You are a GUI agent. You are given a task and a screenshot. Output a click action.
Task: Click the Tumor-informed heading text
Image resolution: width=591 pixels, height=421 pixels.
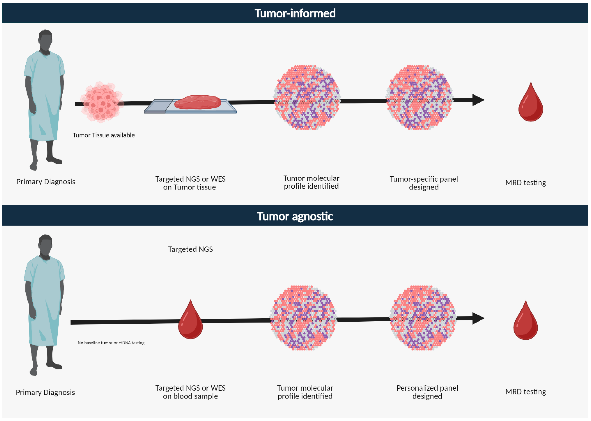295,13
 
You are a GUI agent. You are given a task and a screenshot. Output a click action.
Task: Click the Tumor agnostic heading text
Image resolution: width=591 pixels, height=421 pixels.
295,216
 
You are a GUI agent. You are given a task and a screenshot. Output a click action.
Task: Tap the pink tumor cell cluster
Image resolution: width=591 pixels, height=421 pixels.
101,102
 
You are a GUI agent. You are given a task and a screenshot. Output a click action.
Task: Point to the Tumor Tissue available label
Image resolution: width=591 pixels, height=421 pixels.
104,135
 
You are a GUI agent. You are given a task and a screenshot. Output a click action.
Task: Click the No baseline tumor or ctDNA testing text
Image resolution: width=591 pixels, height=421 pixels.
111,343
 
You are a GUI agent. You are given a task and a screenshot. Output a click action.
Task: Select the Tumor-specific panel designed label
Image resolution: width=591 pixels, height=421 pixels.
424,183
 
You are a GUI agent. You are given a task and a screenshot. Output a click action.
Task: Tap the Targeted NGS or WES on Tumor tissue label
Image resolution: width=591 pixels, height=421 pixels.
190,183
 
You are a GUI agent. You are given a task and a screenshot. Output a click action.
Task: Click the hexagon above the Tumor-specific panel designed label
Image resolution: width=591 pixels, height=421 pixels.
420,97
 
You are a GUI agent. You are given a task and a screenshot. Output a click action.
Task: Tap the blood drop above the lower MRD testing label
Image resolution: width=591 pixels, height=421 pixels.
525,322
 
